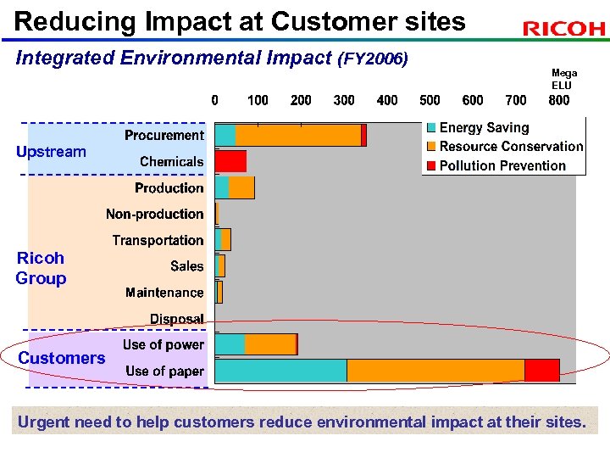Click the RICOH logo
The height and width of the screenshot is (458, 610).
click(x=564, y=29)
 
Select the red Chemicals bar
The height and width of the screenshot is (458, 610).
click(x=230, y=161)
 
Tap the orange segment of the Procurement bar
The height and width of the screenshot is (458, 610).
click(x=298, y=135)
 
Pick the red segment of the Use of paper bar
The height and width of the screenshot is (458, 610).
click(x=542, y=371)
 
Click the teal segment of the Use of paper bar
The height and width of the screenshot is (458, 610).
click(x=281, y=371)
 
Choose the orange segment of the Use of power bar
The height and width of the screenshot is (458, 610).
click(x=270, y=343)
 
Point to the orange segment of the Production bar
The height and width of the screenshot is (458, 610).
click(x=241, y=187)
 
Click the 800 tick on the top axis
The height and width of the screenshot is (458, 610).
click(x=559, y=100)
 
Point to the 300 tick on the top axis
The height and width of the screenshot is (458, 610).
click(x=344, y=100)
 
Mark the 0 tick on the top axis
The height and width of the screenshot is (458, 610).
click(x=215, y=100)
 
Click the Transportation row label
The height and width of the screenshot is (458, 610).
click(x=158, y=240)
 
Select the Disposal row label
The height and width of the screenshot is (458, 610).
click(x=177, y=319)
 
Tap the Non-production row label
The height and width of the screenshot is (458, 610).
click(x=155, y=214)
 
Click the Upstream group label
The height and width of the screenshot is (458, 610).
click(x=51, y=152)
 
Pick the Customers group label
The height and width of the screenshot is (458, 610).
click(x=62, y=358)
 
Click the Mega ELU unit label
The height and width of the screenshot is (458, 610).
click(x=562, y=80)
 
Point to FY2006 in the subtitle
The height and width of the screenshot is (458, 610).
click(x=374, y=59)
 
